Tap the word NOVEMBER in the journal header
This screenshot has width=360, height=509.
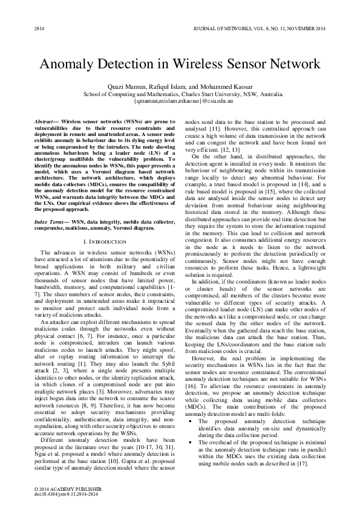[298, 29]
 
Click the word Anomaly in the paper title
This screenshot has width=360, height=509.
[71, 65]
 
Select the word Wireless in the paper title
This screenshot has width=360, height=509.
[196, 65]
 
